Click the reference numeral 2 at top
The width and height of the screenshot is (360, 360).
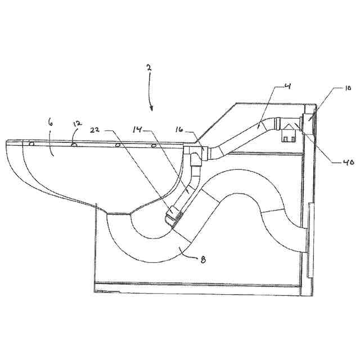tap(148, 67)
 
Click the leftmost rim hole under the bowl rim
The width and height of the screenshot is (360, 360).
tap(31, 143)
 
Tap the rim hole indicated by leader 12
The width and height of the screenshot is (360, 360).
tap(74, 145)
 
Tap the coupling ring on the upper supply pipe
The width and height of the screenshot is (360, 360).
tap(276, 124)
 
